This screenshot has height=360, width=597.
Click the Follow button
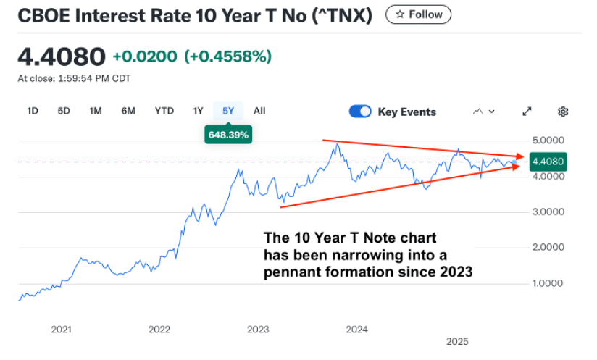click(x=418, y=14)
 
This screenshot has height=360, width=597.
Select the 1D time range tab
click(x=33, y=111)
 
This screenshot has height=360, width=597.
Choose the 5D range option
click(x=64, y=111)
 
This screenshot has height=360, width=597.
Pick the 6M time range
click(x=128, y=111)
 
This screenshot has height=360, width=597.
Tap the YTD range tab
click(x=164, y=111)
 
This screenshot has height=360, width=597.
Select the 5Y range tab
click(x=228, y=111)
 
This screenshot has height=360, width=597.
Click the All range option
click(x=259, y=111)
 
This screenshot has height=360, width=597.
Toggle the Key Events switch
click(x=360, y=112)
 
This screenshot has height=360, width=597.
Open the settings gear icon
click(x=563, y=112)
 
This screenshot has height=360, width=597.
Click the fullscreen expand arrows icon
click(x=527, y=112)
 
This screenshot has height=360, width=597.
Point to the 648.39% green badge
click(x=228, y=135)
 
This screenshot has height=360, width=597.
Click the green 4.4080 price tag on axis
click(x=547, y=162)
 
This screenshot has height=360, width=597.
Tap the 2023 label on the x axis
click(x=258, y=330)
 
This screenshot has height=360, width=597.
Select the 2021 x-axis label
click(x=62, y=330)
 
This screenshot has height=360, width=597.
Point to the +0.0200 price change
click(x=145, y=56)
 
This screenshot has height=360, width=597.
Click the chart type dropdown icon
click(x=483, y=112)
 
